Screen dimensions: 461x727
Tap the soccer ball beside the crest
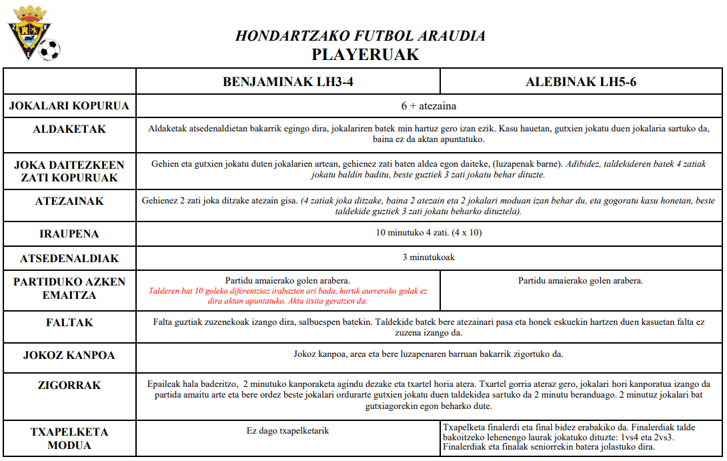point(49,49)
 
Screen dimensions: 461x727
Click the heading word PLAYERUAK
point(366,55)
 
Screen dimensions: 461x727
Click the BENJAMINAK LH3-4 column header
point(288,82)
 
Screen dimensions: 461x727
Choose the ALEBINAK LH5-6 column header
point(581,82)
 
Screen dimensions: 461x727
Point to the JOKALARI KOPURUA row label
point(69,106)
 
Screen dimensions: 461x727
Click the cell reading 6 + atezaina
point(429,106)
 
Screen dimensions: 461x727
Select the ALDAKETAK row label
point(69,129)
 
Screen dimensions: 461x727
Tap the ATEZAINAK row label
point(69,201)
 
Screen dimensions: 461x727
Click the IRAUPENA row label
point(69,234)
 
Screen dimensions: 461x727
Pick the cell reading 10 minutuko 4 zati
point(429,233)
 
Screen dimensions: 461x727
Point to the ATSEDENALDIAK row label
point(69,258)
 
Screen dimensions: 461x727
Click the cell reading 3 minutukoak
point(429,257)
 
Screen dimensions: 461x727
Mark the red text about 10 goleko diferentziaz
point(288,296)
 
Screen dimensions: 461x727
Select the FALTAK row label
point(69,323)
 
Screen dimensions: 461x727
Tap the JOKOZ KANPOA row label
point(69,355)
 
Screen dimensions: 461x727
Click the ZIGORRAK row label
point(69,386)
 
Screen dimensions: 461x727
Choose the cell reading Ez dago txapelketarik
point(287,431)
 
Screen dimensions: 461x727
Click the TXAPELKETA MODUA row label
point(69,438)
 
